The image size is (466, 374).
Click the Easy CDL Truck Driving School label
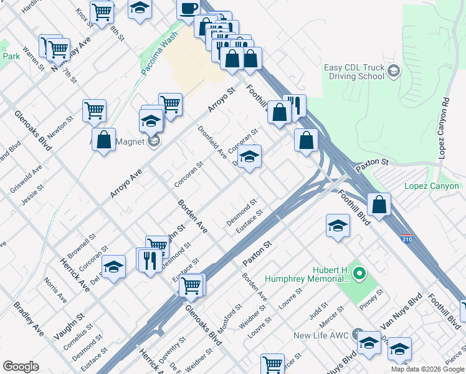point(354,72)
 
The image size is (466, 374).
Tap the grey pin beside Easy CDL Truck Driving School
point(393,71)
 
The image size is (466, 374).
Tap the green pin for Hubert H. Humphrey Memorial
point(359,273)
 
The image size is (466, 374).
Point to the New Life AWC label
point(320,335)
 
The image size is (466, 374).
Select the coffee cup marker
point(188,8)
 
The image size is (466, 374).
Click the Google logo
point(21,367)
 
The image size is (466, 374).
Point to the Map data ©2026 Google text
point(427,369)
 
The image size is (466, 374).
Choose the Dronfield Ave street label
point(211,142)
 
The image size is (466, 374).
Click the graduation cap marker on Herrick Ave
point(113,267)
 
